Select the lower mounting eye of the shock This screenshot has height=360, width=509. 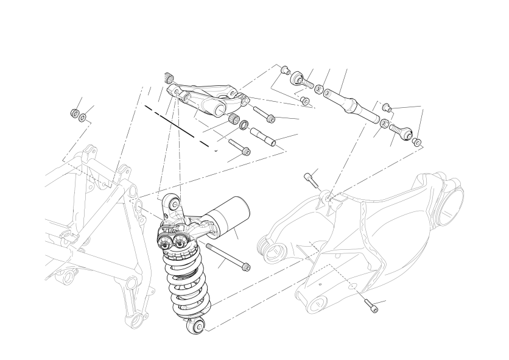[x=197, y=327]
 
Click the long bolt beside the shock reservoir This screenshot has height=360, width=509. [x=228, y=256]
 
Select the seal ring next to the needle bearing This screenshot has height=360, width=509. [x=243, y=125]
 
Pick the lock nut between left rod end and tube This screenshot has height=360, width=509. [x=319, y=89]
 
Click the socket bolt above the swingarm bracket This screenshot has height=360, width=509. [x=311, y=180]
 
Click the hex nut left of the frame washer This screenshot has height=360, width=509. [x=74, y=113]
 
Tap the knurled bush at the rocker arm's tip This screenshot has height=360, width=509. [x=169, y=77]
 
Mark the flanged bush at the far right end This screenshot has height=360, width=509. [x=416, y=143]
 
